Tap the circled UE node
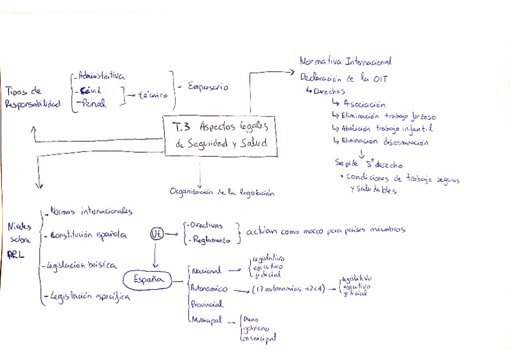[x=157, y=233]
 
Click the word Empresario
[x=208, y=87]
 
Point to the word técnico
[x=152, y=94]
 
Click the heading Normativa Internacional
[x=346, y=61]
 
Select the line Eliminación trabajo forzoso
[x=389, y=116]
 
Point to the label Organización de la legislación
[x=222, y=193]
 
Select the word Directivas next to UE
[x=205, y=225]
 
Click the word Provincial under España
[x=206, y=304]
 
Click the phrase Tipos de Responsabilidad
[x=32, y=98]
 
